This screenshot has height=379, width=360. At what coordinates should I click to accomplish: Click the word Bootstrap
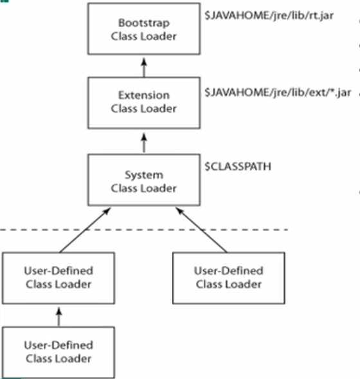point(144,23)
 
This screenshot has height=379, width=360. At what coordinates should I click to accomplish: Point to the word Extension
point(144,95)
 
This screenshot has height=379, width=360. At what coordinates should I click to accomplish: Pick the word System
point(144,175)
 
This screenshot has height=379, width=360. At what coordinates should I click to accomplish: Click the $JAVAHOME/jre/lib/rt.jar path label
point(269,15)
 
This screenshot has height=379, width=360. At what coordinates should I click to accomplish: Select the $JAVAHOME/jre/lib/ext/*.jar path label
point(278,92)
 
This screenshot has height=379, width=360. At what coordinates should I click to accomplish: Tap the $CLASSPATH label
point(238,166)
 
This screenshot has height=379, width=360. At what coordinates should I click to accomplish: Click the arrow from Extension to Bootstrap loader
point(144,68)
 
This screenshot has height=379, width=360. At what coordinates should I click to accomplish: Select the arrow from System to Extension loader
point(144,143)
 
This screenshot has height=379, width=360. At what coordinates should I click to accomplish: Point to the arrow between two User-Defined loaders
point(59,317)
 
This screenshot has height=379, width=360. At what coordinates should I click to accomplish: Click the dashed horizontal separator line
point(144,230)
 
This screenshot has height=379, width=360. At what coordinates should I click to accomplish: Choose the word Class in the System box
point(124,188)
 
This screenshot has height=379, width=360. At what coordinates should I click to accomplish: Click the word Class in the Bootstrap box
point(124,36)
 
